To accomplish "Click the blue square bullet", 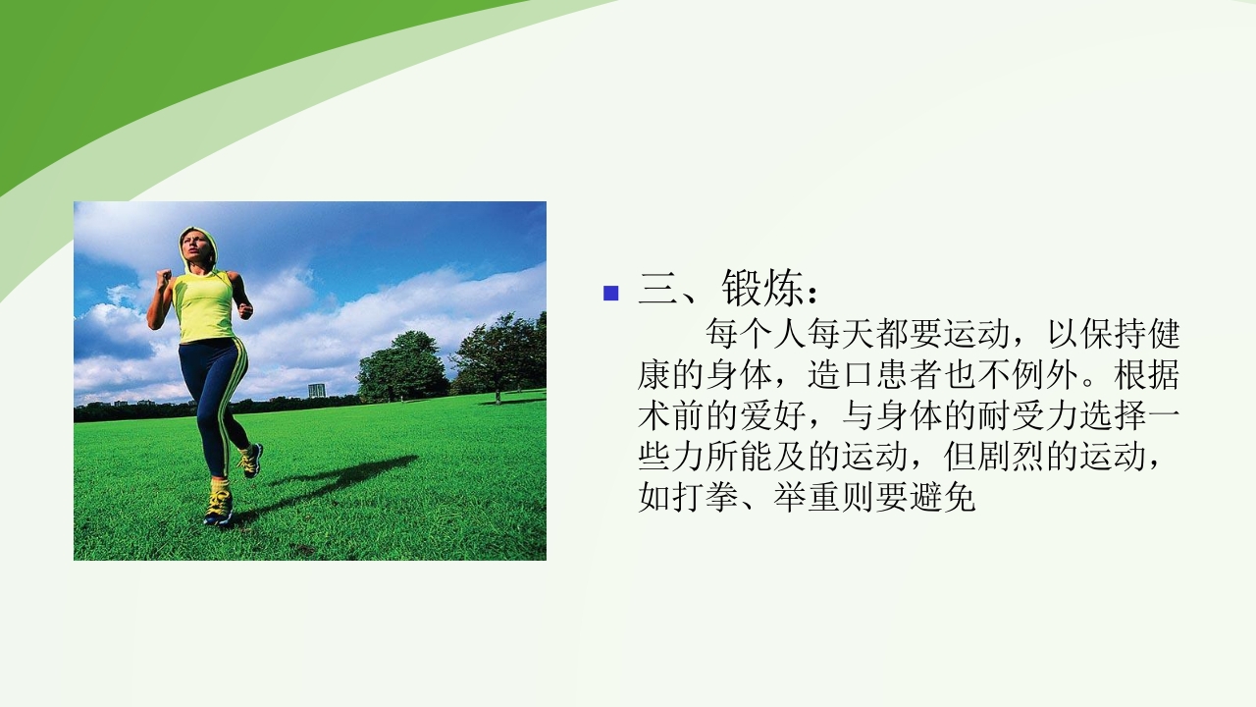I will pyautogui.click(x=611, y=292).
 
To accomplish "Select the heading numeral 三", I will pyautogui.click(x=656, y=290).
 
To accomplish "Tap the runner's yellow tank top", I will pyautogui.click(x=203, y=306).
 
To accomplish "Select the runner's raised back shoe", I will pyautogui.click(x=252, y=460).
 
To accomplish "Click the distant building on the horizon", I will pyautogui.click(x=316, y=390).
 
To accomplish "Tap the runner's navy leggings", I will pyautogui.click(x=211, y=393).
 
